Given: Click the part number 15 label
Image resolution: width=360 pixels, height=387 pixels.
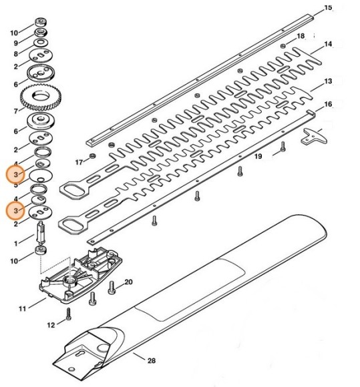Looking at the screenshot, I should tap(327, 7).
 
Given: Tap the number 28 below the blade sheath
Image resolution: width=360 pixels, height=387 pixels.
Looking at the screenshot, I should tap(152, 361).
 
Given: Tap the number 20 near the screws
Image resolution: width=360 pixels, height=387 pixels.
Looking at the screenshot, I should tap(128, 282).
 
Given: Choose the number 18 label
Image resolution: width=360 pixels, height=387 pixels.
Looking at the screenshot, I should tap(301, 35).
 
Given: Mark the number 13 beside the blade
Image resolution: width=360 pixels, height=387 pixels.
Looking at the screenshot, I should tap(327, 81).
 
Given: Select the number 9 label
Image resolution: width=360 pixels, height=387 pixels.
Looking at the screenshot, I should tap(16, 43).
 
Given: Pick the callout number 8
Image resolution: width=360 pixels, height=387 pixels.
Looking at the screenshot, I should tap(16, 53).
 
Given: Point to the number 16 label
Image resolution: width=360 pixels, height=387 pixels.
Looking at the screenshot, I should tap(327, 105).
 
